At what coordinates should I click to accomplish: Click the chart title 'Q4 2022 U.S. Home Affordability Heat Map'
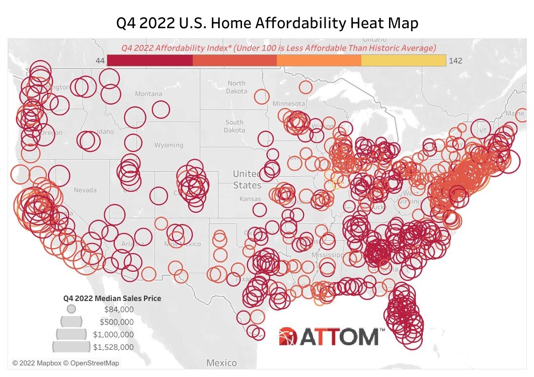pos(267,23)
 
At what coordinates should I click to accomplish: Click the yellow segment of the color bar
pos(403,60)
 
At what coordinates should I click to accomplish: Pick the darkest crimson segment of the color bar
pos(150,60)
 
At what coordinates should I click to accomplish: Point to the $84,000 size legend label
pos(119,309)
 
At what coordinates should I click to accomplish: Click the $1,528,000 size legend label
pos(113,347)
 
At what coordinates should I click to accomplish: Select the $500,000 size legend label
pos(117,322)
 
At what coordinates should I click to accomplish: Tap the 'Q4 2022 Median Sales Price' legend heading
pos(112,298)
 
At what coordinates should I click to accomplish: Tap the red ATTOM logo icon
pos(288,336)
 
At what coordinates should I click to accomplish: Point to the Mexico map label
pos(221,363)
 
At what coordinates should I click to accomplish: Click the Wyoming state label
pos(169,145)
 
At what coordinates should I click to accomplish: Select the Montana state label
pos(148,94)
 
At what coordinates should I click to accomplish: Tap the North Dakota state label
pos(236,87)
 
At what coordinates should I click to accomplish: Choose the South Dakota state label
pos(234,126)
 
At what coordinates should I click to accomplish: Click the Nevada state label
pos(85,190)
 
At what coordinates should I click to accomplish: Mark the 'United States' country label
pos(247,179)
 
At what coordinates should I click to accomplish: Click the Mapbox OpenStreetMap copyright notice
pos(66,363)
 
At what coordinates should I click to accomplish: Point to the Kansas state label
pos(250,199)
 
